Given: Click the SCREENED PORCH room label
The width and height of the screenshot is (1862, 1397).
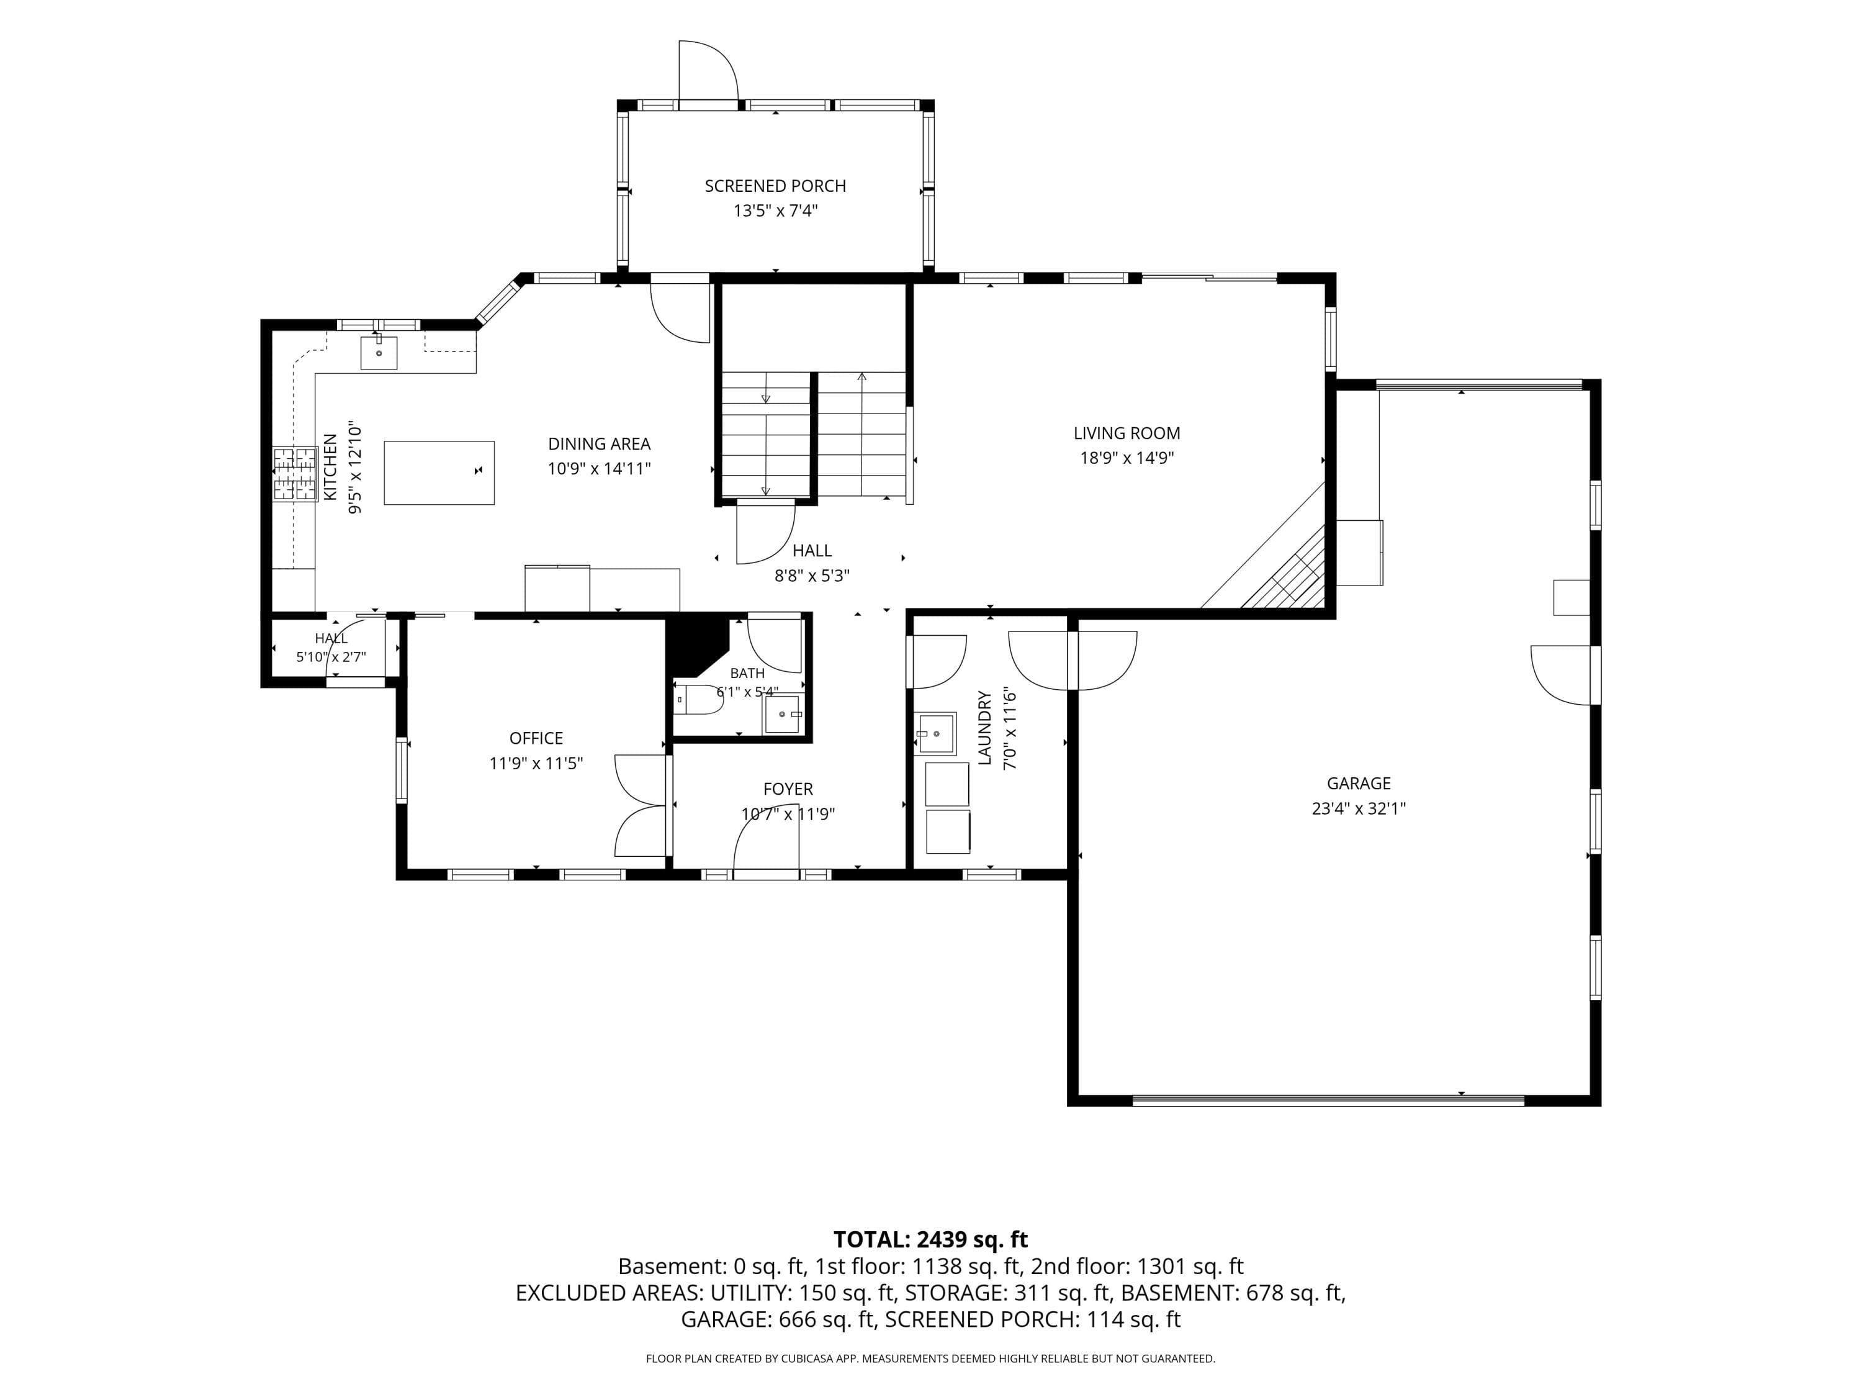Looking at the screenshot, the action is click(x=775, y=186).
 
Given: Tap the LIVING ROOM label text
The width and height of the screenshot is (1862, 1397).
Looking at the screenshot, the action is click(x=1127, y=433).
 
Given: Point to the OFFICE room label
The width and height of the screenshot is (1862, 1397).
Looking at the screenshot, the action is click(x=536, y=738).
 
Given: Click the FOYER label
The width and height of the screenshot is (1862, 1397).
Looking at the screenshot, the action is click(x=788, y=789).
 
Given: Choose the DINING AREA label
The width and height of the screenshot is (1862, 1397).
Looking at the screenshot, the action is click(x=600, y=444).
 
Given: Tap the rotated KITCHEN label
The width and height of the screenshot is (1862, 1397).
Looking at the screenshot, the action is click(x=331, y=468).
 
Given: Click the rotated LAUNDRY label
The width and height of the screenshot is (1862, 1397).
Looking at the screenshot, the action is click(x=985, y=728).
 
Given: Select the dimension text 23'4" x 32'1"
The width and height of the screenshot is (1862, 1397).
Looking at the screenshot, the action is click(x=1359, y=808).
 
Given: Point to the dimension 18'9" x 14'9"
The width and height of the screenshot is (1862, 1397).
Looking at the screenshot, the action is click(x=1127, y=458).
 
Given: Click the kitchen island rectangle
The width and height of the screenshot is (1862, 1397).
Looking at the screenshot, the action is click(x=439, y=472).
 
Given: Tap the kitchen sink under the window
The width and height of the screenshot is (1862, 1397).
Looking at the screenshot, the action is click(x=379, y=352).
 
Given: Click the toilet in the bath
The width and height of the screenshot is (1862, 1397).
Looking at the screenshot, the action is click(x=699, y=699).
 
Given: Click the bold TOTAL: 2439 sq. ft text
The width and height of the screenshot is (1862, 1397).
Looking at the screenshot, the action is click(x=930, y=1239).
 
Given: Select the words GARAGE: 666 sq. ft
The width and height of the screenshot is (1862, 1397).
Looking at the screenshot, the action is click(x=778, y=1319).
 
